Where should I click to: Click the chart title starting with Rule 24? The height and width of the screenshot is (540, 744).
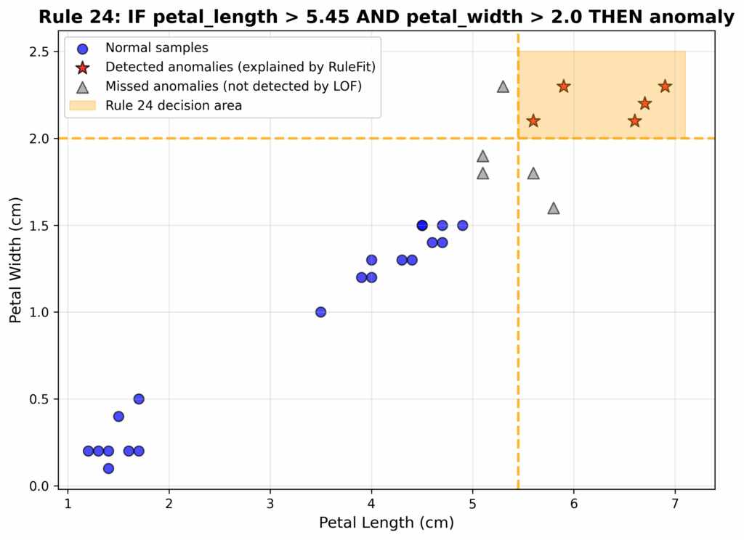[x=387, y=17]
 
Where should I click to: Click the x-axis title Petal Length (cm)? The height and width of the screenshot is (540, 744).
[x=387, y=523]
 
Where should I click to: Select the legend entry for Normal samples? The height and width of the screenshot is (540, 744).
[x=156, y=49]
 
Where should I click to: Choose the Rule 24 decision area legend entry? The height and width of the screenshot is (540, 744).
[x=174, y=105]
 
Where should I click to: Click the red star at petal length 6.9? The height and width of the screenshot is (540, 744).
[x=665, y=86]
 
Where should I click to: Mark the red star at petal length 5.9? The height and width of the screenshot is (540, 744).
[x=564, y=86]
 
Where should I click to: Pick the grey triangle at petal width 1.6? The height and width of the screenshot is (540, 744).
[x=554, y=208]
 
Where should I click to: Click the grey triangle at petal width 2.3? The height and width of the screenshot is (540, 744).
[x=503, y=86]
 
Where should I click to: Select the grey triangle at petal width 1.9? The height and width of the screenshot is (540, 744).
[x=482, y=156]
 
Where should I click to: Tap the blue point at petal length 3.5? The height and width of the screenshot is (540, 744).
[x=320, y=312]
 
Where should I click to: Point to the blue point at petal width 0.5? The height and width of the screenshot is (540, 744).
[x=139, y=399]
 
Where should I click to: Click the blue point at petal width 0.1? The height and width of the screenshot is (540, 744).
[x=108, y=468]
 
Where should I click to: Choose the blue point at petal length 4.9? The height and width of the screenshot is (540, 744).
[x=462, y=225]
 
